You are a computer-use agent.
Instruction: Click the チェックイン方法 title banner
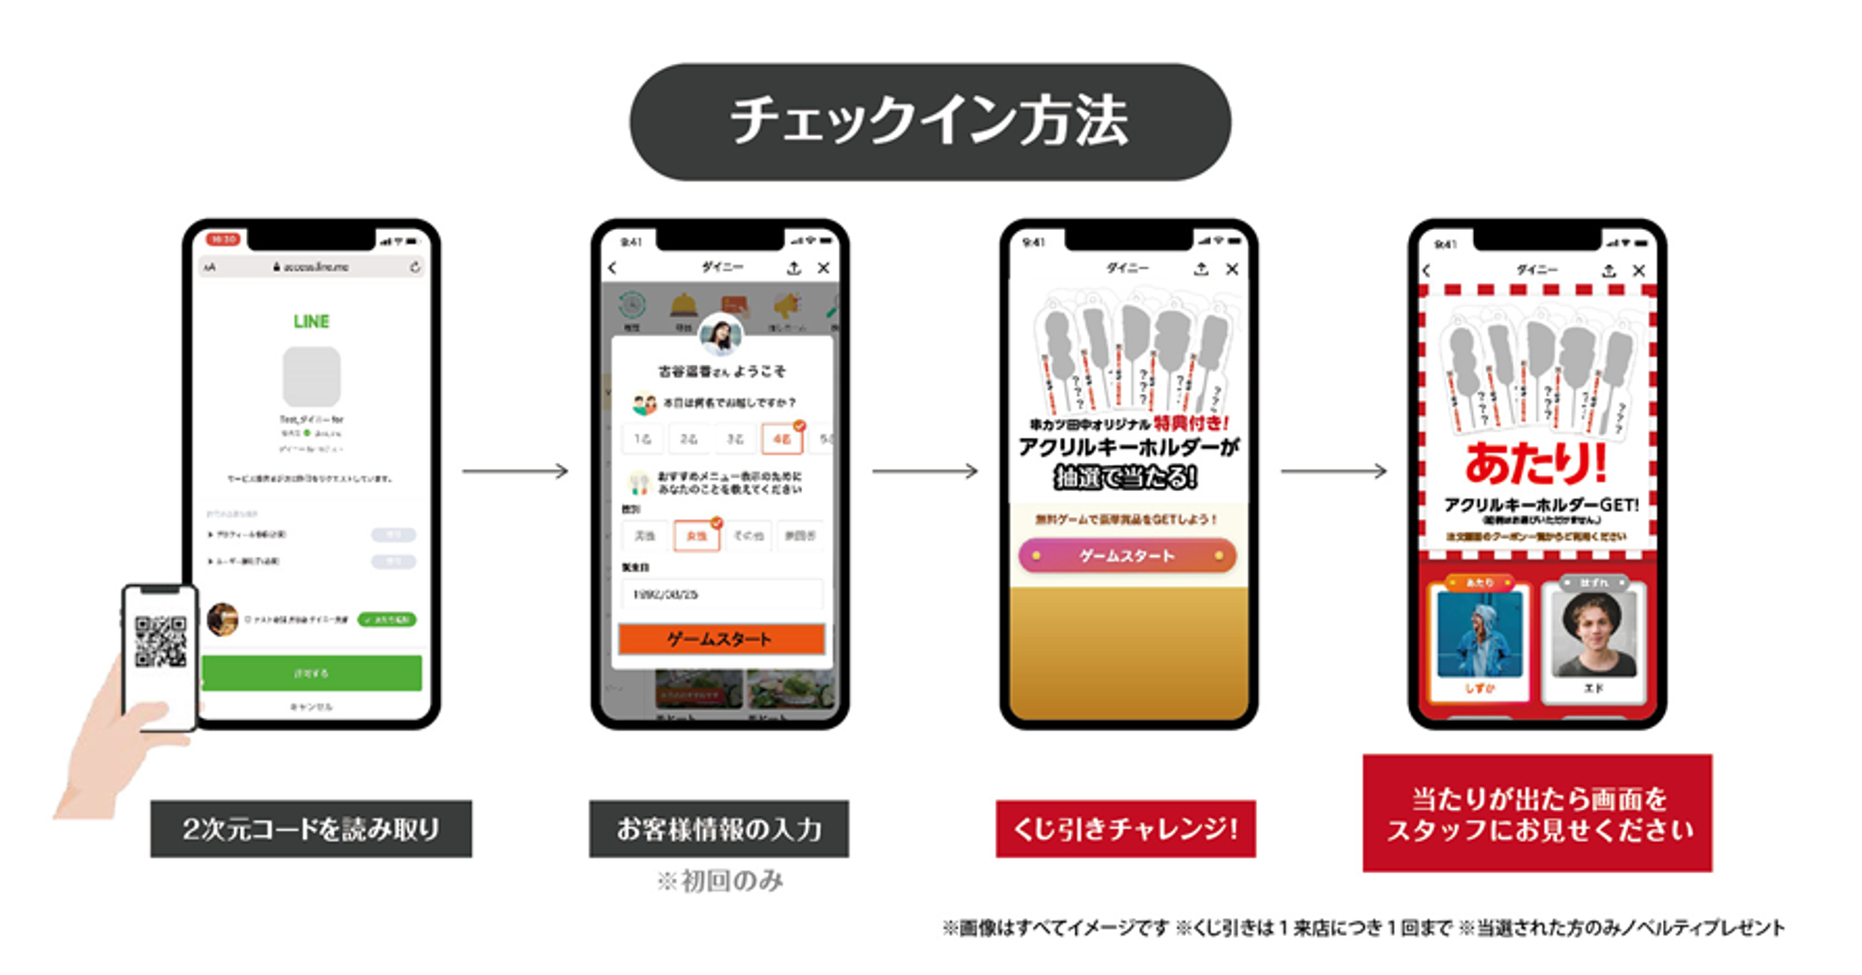pos(929,121)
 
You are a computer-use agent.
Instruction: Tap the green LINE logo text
pos(311,321)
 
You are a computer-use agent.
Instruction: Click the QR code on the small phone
pos(160,641)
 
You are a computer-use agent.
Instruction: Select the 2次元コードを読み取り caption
pos(310,829)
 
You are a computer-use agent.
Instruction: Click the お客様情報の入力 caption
pos(719,829)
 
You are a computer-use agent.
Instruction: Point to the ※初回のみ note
pos(720,881)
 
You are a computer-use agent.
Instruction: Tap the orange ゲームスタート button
pos(722,638)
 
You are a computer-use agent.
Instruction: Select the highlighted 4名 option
pos(782,439)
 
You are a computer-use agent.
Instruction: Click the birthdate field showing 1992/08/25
pos(722,594)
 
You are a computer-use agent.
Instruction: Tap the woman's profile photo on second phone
pos(722,335)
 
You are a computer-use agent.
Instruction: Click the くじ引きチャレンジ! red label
pos(1125,829)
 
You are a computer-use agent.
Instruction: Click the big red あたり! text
pos(1536,463)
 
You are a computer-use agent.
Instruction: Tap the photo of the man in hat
pos(1593,633)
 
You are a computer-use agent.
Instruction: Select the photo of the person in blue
pos(1479,633)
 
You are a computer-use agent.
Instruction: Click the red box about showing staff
pos(1537,813)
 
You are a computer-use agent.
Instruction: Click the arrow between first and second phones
pos(515,471)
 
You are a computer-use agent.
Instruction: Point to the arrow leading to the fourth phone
pos(1333,471)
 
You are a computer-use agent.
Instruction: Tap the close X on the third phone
pos(1232,269)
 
